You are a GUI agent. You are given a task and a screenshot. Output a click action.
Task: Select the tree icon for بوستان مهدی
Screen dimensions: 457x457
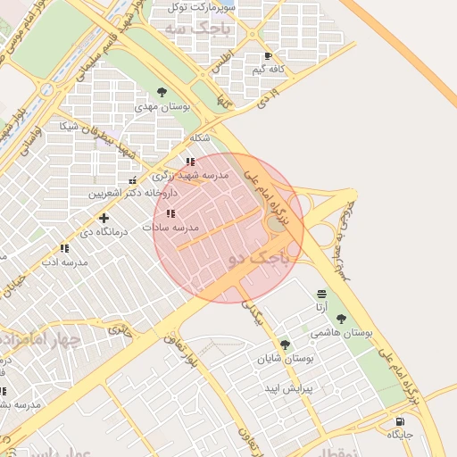pos(162,92)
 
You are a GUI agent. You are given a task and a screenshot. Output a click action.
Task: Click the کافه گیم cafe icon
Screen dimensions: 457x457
pos(268,55)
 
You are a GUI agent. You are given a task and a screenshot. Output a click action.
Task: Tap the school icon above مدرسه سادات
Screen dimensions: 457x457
pos(170,214)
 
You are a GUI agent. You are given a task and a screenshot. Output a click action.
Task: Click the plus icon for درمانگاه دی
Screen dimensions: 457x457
pos(104,218)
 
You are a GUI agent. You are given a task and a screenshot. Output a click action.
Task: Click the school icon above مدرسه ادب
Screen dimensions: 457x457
pos(64,249)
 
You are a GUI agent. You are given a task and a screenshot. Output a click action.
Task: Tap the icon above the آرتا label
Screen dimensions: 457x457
pos(321,294)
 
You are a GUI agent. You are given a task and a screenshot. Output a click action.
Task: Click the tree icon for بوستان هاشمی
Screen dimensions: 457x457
pos(341,319)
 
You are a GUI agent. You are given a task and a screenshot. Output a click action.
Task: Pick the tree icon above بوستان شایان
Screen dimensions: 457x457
pos(285,345)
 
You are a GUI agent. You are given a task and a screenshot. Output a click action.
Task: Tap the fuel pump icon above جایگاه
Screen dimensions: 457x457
pos(398,421)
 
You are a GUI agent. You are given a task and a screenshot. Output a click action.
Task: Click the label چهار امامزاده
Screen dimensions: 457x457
pos(41,340)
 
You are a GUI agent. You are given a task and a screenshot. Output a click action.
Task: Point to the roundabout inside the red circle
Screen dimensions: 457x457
pos(278,222)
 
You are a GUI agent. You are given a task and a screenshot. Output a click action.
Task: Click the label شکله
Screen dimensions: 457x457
pos(200,138)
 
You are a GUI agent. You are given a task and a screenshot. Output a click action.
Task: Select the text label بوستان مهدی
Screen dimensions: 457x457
pos(163,106)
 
